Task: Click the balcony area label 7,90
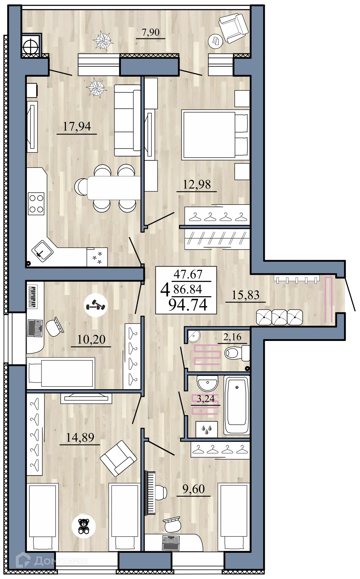[x=150, y=32]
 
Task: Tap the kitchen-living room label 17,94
[x=77, y=127]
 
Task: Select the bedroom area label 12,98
[x=197, y=184]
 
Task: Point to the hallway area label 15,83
[x=245, y=295]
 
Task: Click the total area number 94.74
[x=188, y=305]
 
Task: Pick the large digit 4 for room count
[x=165, y=290]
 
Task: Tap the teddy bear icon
[x=84, y=526]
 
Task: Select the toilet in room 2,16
[x=237, y=353]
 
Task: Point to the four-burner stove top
[x=36, y=204]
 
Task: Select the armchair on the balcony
[x=233, y=27]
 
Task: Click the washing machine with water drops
[x=207, y=429]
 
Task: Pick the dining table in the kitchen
[x=114, y=188]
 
